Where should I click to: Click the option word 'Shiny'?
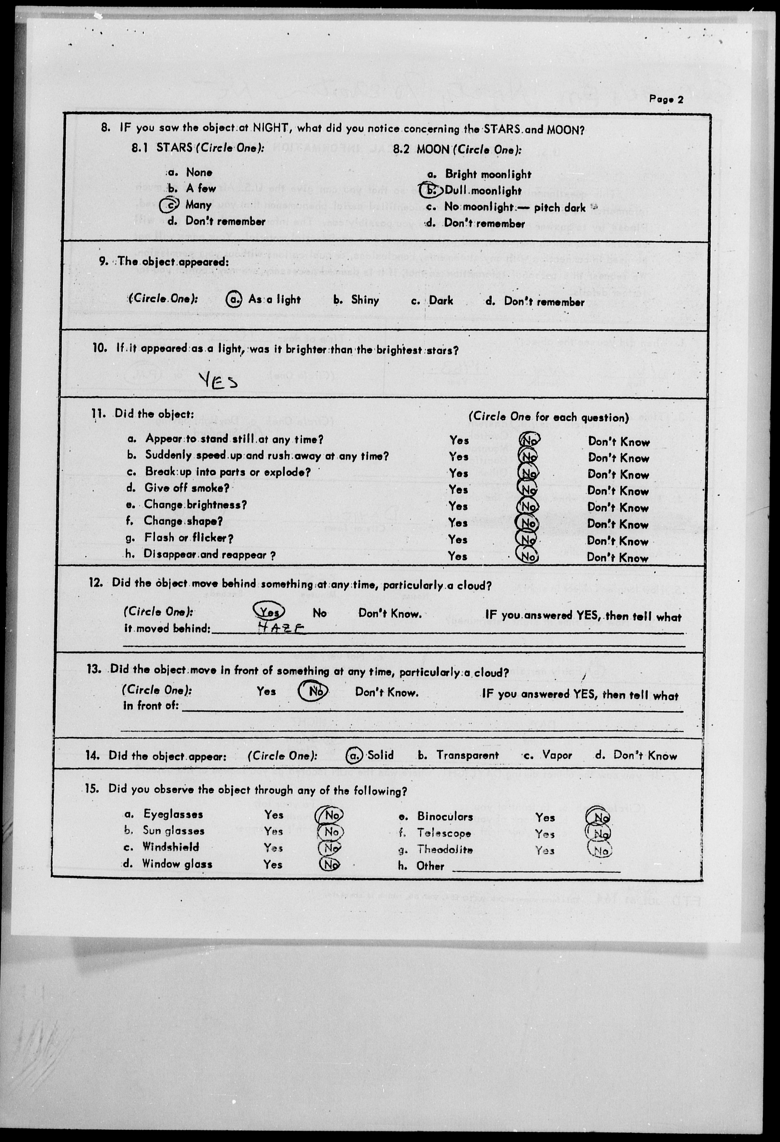click(365, 300)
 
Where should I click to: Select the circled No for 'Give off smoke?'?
click(529, 490)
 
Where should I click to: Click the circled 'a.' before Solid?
click(354, 755)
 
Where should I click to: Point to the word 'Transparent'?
click(467, 755)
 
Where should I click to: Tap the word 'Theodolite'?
click(445, 850)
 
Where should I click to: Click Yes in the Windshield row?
click(273, 848)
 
